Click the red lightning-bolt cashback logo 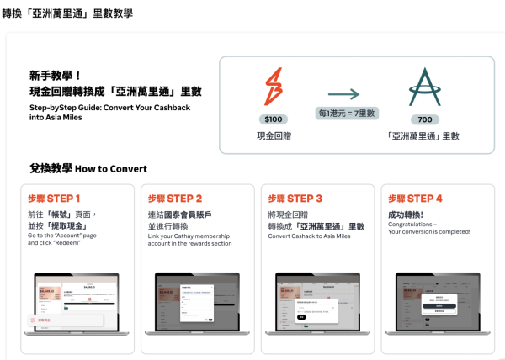(273, 87)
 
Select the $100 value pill (274, 120)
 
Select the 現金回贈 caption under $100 (274, 135)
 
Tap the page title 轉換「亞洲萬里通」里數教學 (67, 14)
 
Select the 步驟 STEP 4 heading (415, 199)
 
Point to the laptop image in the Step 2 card (196, 299)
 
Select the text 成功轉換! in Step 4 (406, 214)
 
